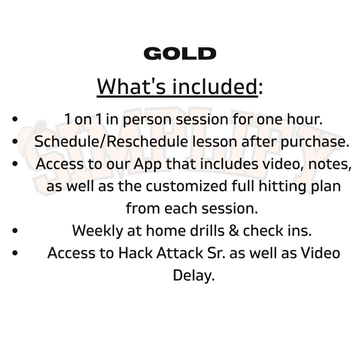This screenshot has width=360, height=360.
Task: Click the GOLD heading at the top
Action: [x=180, y=54]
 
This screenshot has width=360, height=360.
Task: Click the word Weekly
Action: [x=94, y=230]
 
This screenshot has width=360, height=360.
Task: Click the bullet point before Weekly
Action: [x=15, y=230]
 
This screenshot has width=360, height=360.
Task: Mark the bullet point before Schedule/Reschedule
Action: [x=15, y=142]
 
